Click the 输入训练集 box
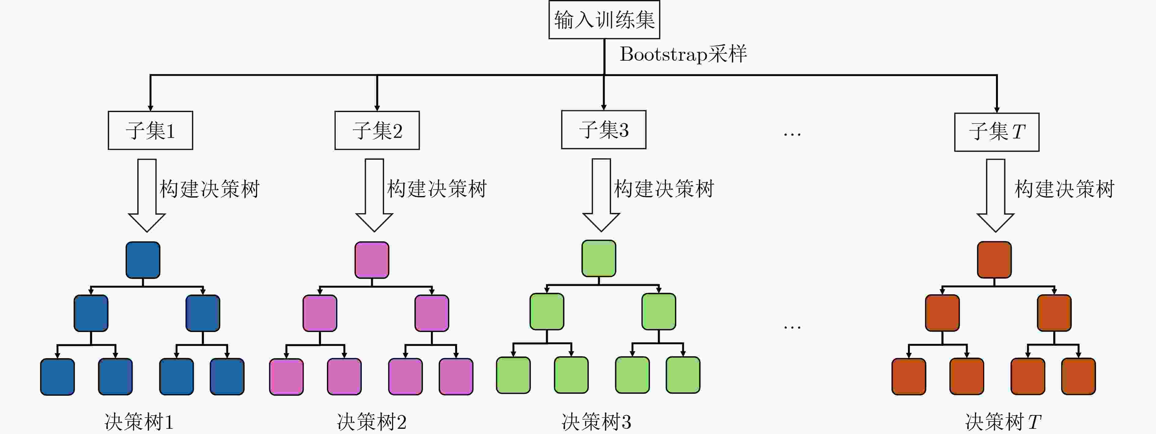coord(604,20)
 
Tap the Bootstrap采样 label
coord(683,54)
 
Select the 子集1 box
coord(150,130)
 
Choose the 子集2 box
coord(377,130)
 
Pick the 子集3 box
coord(604,129)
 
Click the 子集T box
coord(997,132)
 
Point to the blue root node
coord(143,260)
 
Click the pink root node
coord(372,260)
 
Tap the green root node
coord(599,258)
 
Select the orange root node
coord(995,260)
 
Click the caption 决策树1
coord(139,422)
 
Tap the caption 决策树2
coord(372,422)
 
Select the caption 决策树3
coord(596,422)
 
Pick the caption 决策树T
coord(1003,422)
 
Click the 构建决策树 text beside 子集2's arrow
coord(437,189)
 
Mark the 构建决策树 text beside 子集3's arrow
coord(664,189)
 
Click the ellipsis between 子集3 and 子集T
coord(792,134)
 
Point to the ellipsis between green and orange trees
coord(792,327)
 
